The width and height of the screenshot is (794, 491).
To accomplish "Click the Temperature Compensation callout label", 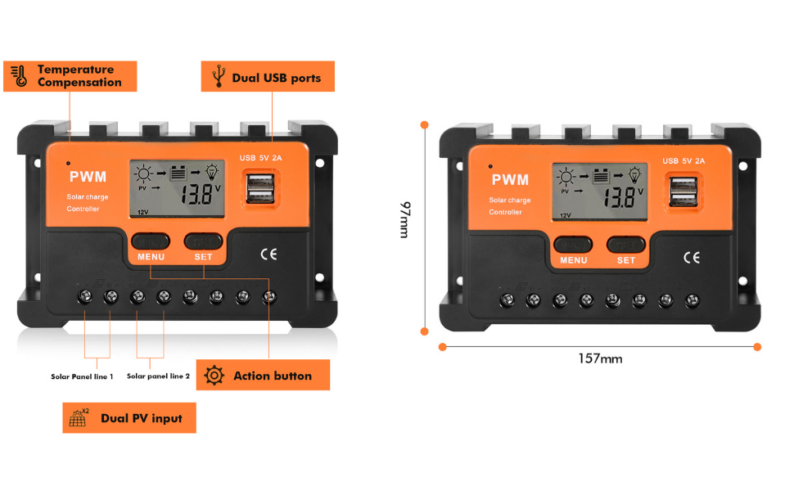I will point(70,76).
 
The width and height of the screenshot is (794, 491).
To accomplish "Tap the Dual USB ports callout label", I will point(268,77).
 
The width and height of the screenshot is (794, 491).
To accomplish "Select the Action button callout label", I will point(263,376).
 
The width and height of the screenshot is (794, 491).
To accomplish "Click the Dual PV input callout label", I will point(129,418).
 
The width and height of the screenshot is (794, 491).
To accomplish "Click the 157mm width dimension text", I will point(600,358).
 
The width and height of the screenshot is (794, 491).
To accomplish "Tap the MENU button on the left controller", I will point(151,241).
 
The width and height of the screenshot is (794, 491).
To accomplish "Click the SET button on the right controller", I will point(625,245).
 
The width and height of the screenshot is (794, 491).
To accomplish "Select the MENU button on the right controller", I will point(573,245).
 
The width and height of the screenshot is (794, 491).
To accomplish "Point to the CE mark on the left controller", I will point(268,254).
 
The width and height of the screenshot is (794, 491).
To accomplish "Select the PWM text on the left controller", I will point(88,176).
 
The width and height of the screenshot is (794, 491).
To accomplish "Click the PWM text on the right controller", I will point(510,179).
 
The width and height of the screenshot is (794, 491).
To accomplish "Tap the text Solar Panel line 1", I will point(82,376).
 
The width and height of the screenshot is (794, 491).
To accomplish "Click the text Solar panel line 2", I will point(158,376).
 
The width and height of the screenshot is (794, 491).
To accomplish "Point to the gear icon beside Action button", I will point(214,376).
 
